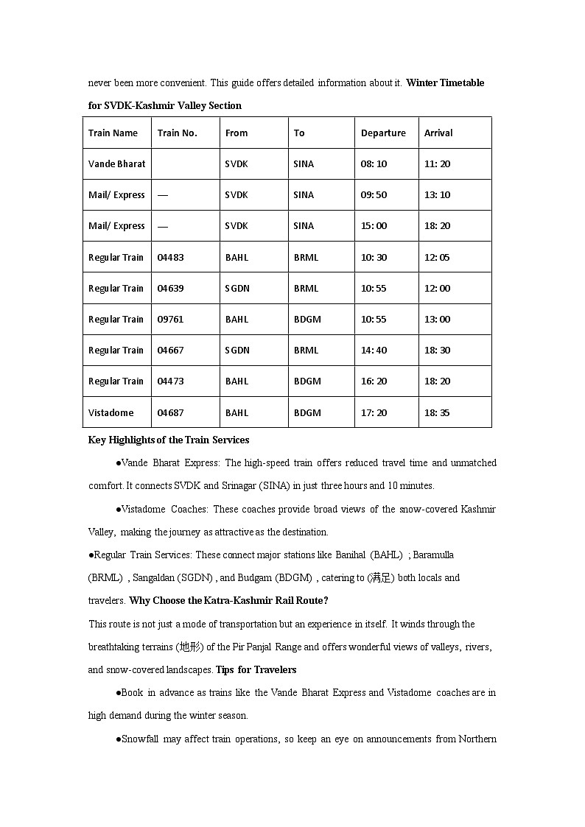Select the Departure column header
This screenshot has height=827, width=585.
click(x=383, y=133)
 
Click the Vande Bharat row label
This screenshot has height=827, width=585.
click(x=116, y=164)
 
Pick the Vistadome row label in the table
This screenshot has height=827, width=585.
click(x=111, y=413)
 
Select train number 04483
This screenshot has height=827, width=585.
click(x=171, y=258)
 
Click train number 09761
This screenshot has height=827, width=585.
click(x=171, y=320)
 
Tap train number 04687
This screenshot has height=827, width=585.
click(x=171, y=413)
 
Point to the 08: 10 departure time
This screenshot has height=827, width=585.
click(x=374, y=164)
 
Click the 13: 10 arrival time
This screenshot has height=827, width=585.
click(x=437, y=195)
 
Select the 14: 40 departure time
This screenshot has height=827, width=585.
click(x=374, y=351)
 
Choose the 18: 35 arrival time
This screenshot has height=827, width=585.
click(x=437, y=413)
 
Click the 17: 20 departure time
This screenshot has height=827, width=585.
click(x=374, y=413)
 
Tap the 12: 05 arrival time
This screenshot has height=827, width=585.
click(x=437, y=258)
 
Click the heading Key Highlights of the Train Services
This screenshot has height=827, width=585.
click(x=169, y=440)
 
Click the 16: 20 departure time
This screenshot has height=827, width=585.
click(x=374, y=381)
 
